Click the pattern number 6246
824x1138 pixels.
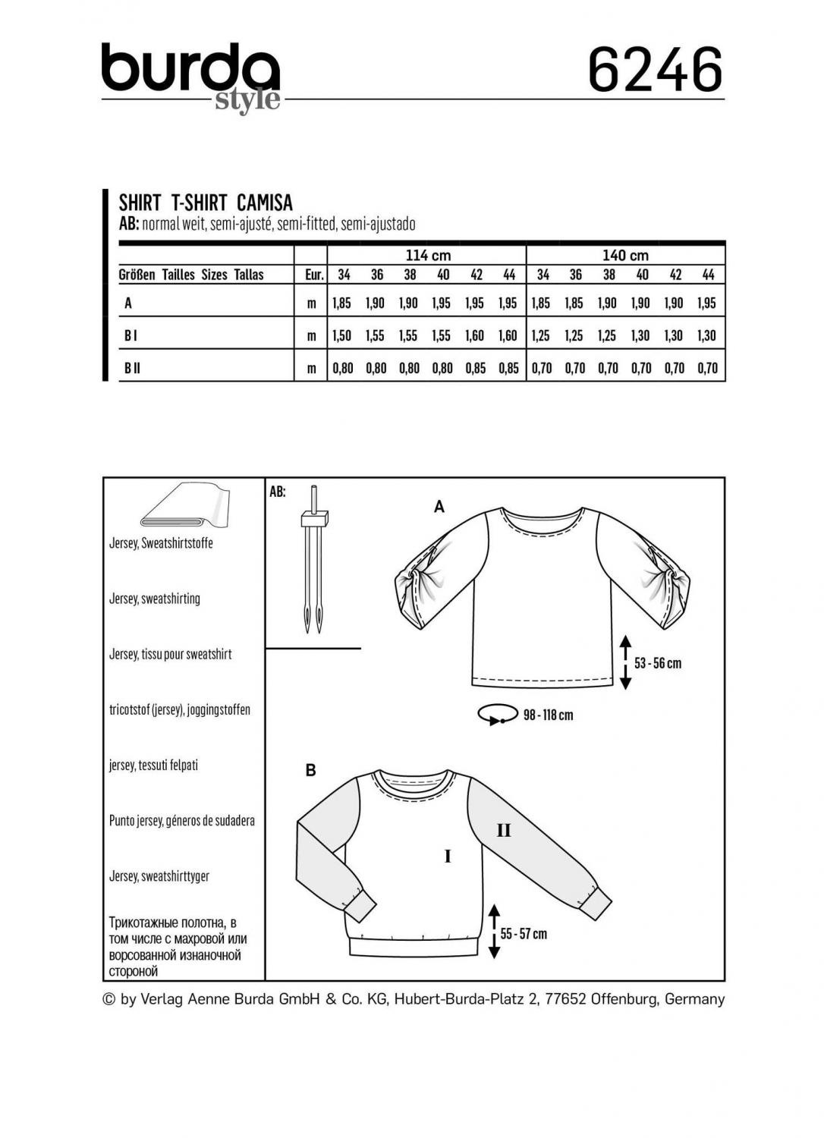click(x=655, y=71)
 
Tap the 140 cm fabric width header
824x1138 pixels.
click(x=625, y=256)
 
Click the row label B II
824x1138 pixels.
click(x=132, y=368)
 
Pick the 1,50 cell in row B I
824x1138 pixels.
click(x=342, y=335)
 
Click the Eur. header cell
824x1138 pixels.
click(x=314, y=275)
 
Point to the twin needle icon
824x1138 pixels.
click(x=313, y=558)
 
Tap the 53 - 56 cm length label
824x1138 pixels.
click(x=658, y=663)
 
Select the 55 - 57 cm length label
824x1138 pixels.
click(x=524, y=934)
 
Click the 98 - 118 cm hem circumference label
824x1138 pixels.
click(x=548, y=715)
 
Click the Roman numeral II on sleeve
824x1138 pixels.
click(x=503, y=831)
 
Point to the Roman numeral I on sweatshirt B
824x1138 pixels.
click(x=448, y=857)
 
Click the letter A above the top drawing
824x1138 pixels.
click(x=439, y=507)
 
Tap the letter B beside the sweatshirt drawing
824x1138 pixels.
click(x=310, y=771)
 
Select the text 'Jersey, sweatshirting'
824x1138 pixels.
click(x=155, y=599)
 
